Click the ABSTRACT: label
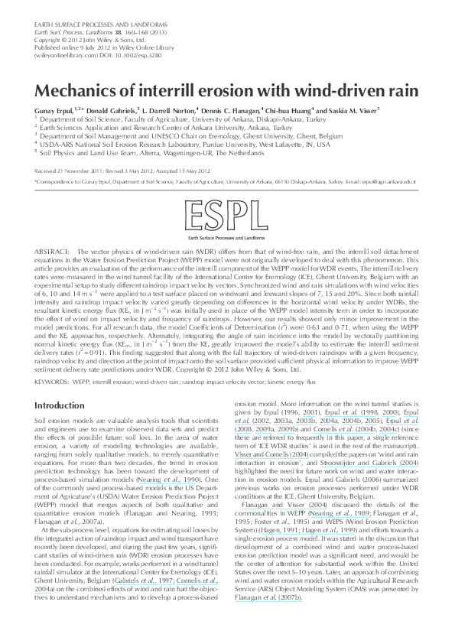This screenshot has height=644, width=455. (x=52, y=252)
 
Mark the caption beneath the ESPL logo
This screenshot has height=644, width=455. (x=227, y=239)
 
